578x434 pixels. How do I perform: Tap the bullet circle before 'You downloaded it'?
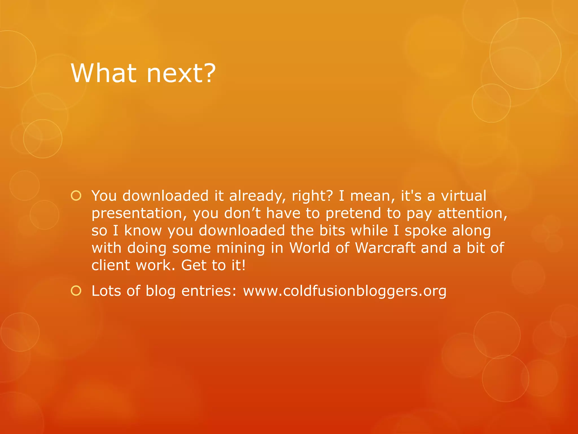(x=76, y=196)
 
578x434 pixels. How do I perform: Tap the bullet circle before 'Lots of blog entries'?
(x=76, y=290)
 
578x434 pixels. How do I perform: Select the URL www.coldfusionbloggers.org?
(x=345, y=291)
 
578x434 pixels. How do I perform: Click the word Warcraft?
(x=385, y=248)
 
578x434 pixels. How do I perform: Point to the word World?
(x=310, y=248)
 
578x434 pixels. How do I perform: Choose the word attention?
(x=472, y=213)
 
